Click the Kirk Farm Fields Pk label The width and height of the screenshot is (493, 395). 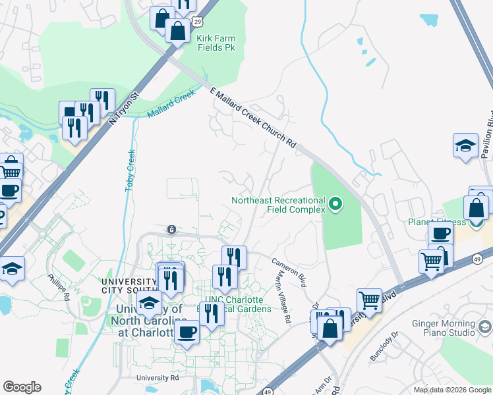(x=216, y=43)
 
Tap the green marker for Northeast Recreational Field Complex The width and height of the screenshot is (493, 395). (x=336, y=205)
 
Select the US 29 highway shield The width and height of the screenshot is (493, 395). (x=197, y=23)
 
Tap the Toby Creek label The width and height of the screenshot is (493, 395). (x=130, y=171)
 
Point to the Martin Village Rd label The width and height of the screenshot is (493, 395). (x=283, y=298)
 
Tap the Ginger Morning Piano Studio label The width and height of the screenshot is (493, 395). (x=448, y=328)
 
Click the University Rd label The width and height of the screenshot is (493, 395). (x=158, y=378)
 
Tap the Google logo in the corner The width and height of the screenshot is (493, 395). (x=22, y=387)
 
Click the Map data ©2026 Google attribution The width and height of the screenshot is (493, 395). (x=451, y=390)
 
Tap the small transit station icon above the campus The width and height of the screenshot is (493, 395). (x=171, y=228)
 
